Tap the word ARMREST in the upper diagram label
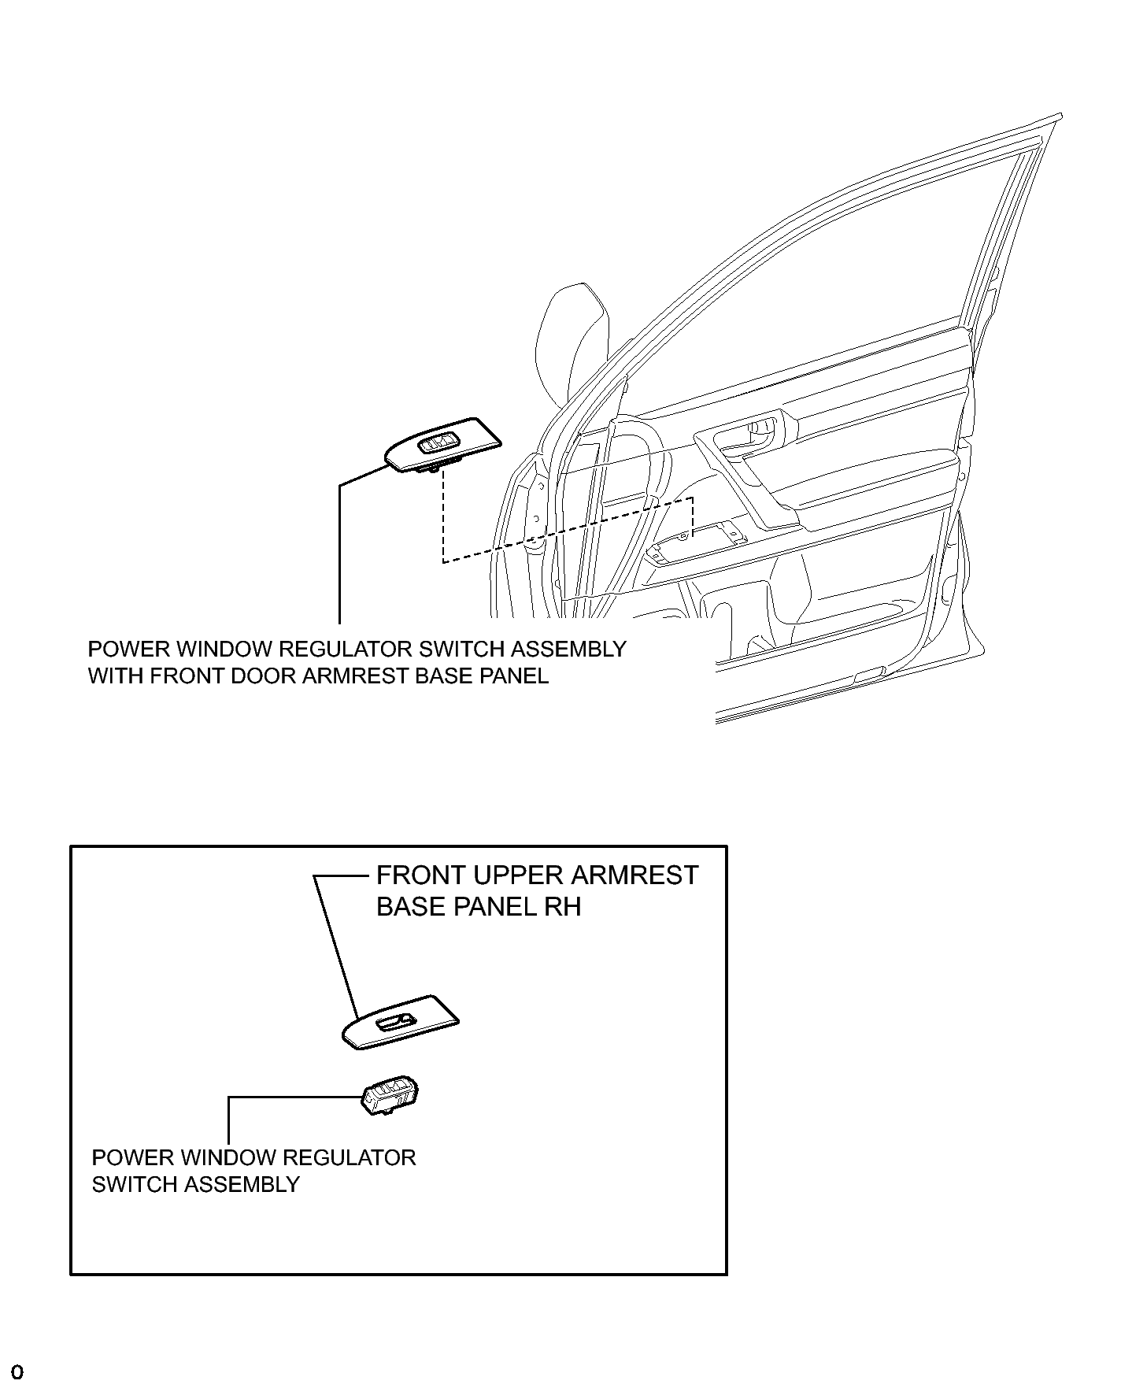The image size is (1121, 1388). tap(355, 676)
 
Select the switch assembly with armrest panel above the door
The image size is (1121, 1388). tap(442, 446)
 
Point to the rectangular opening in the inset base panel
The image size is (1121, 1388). tap(393, 1023)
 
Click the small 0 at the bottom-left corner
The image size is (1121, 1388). tap(17, 1372)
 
